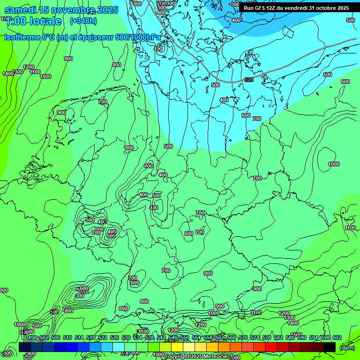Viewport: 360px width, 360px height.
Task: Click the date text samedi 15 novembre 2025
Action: click(x=61, y=10)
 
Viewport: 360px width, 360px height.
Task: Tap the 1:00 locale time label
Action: click(x=34, y=21)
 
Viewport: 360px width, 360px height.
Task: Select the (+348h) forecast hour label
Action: click(x=83, y=21)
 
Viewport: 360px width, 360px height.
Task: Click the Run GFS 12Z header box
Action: click(x=296, y=8)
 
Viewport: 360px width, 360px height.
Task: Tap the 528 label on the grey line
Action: click(x=249, y=80)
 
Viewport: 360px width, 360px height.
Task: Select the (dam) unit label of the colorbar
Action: click(x=347, y=347)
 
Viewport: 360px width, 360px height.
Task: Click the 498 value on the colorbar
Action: click(x=32, y=337)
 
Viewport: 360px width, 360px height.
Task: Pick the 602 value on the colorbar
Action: click(x=337, y=337)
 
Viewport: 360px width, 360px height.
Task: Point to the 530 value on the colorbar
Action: click(x=126, y=337)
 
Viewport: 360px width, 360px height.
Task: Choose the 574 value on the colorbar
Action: click(x=255, y=337)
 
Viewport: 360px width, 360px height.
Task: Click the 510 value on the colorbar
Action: click(x=67, y=337)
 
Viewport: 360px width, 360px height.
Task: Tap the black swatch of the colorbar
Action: click(x=330, y=347)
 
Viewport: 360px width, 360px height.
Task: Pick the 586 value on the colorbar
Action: click(x=290, y=337)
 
